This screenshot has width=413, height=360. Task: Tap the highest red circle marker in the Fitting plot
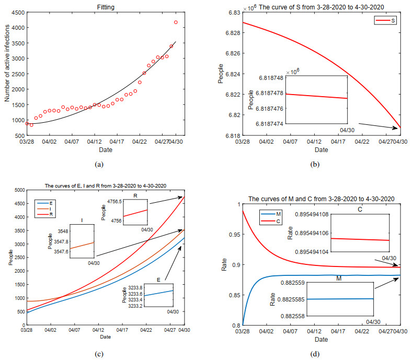[176, 22]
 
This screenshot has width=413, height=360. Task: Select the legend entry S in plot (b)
[393, 20]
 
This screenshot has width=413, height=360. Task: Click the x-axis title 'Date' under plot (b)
[322, 150]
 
